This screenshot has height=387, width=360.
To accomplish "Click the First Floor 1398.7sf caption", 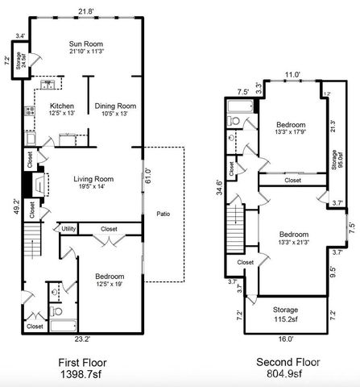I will [x=83, y=369].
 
